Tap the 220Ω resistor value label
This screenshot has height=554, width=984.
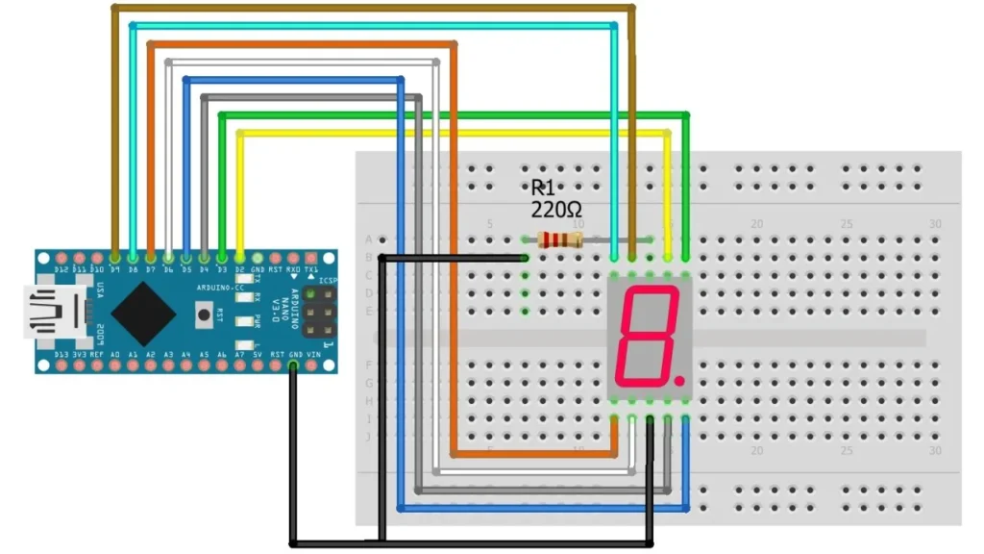[x=556, y=209]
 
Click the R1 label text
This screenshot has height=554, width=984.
[x=544, y=188]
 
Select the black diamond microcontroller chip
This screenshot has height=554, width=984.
[x=143, y=313]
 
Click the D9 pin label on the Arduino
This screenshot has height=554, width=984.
[x=115, y=270]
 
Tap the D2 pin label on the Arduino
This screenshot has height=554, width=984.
[x=240, y=270]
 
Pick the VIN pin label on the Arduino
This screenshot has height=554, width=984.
[x=312, y=355]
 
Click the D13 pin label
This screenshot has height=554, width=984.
[x=61, y=355]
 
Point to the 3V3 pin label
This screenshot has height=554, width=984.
[x=80, y=355]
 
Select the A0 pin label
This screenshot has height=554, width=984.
[x=115, y=355]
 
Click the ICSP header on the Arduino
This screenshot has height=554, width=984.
[x=318, y=315]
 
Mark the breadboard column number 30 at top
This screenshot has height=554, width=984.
[x=936, y=224]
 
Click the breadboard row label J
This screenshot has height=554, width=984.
[x=369, y=437]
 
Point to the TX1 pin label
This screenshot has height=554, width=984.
[x=312, y=270]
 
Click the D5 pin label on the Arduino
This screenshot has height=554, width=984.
[x=186, y=270]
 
